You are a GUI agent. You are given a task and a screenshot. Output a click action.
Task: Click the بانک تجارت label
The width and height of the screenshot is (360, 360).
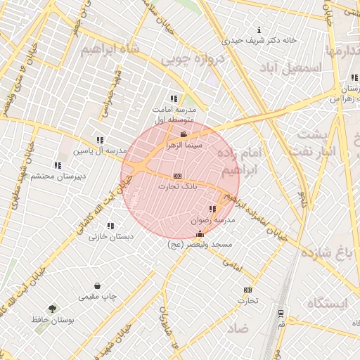click(x=176, y=186)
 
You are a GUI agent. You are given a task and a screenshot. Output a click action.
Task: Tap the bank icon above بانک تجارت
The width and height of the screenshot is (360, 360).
click(x=177, y=176)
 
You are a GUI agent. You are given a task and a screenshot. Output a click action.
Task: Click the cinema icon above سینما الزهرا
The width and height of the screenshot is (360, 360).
click(x=184, y=134)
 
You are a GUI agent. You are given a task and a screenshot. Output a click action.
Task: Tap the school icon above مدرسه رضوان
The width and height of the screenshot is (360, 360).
click(x=212, y=210)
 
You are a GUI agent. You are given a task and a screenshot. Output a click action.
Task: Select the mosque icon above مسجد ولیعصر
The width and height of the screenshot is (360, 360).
click(x=200, y=233)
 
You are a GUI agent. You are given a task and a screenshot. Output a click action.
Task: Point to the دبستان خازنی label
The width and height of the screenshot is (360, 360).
click(x=111, y=237)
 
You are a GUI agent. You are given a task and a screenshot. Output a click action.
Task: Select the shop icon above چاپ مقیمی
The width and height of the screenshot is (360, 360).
click(x=97, y=286)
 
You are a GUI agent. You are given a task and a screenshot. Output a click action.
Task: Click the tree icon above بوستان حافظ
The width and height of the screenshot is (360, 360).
click(x=52, y=309)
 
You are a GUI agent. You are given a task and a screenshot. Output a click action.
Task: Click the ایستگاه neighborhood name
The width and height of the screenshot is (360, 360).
click(x=327, y=303)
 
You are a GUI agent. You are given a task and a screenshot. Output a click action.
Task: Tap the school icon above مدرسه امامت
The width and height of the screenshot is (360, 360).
click(x=173, y=99)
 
